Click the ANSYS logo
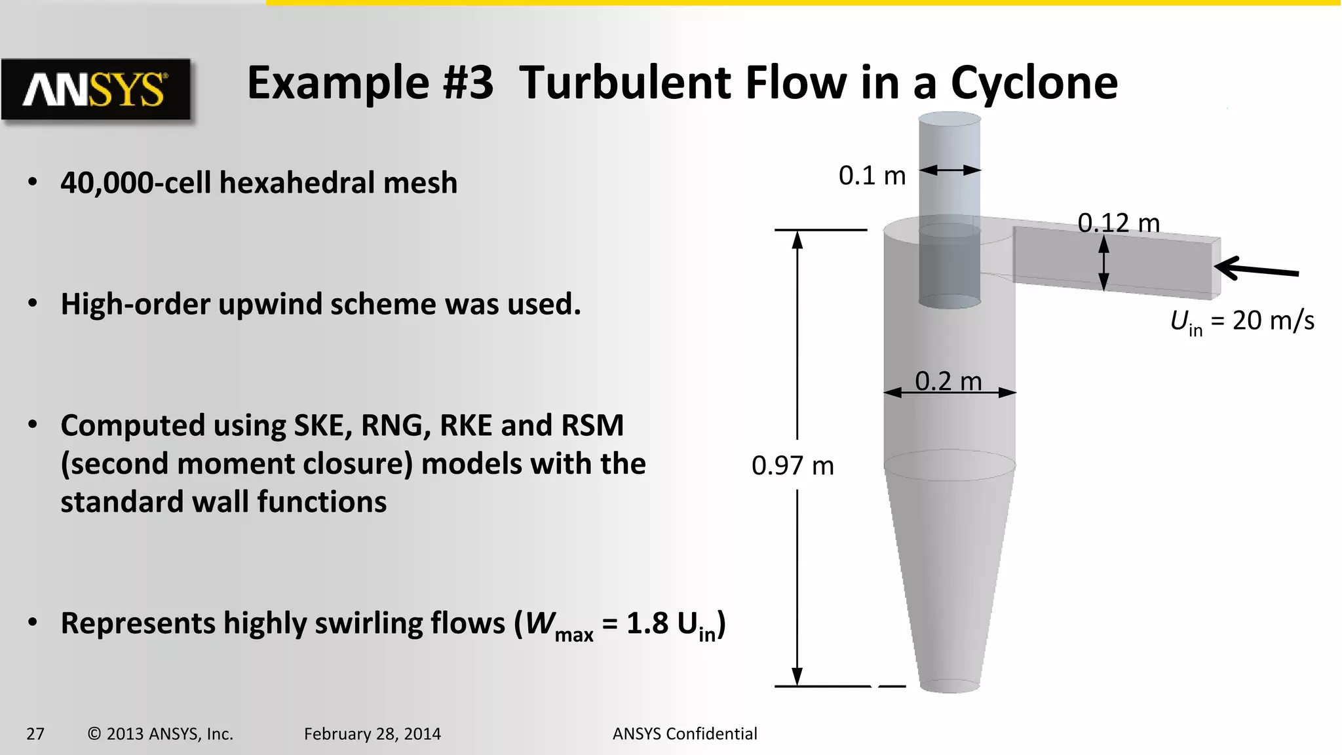[96, 89]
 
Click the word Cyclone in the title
[1034, 83]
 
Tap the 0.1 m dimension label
[872, 176]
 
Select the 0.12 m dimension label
[1119, 223]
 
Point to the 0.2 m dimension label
[948, 381]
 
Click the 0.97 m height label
[792, 466]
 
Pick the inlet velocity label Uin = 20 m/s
[1242, 321]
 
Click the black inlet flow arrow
[1256, 269]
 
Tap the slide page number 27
[35, 734]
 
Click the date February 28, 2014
[372, 734]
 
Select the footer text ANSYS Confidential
[685, 734]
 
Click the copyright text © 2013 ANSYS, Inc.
[161, 734]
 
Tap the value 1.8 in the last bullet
[647, 623]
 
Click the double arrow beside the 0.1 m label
[949, 170]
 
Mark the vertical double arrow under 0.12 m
[1103, 263]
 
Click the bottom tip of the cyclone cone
[949, 686]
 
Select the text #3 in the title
[467, 83]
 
